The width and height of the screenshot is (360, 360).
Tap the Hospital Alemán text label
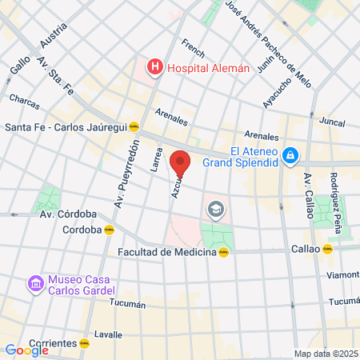tap(207, 68)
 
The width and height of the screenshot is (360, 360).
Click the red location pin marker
tap(180, 164)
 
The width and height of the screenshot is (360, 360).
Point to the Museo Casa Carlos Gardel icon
tap(34, 284)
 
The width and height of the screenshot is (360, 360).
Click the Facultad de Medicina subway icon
tap(225, 252)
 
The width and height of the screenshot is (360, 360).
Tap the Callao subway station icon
tap(327, 249)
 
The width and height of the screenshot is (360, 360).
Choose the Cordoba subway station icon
tap(110, 230)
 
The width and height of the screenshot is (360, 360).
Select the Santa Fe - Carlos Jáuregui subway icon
tap(134, 126)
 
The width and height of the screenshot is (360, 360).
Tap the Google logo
tap(26, 350)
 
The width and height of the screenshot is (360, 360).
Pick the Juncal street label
tap(330, 122)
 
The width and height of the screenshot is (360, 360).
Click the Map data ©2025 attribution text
tap(326, 354)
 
